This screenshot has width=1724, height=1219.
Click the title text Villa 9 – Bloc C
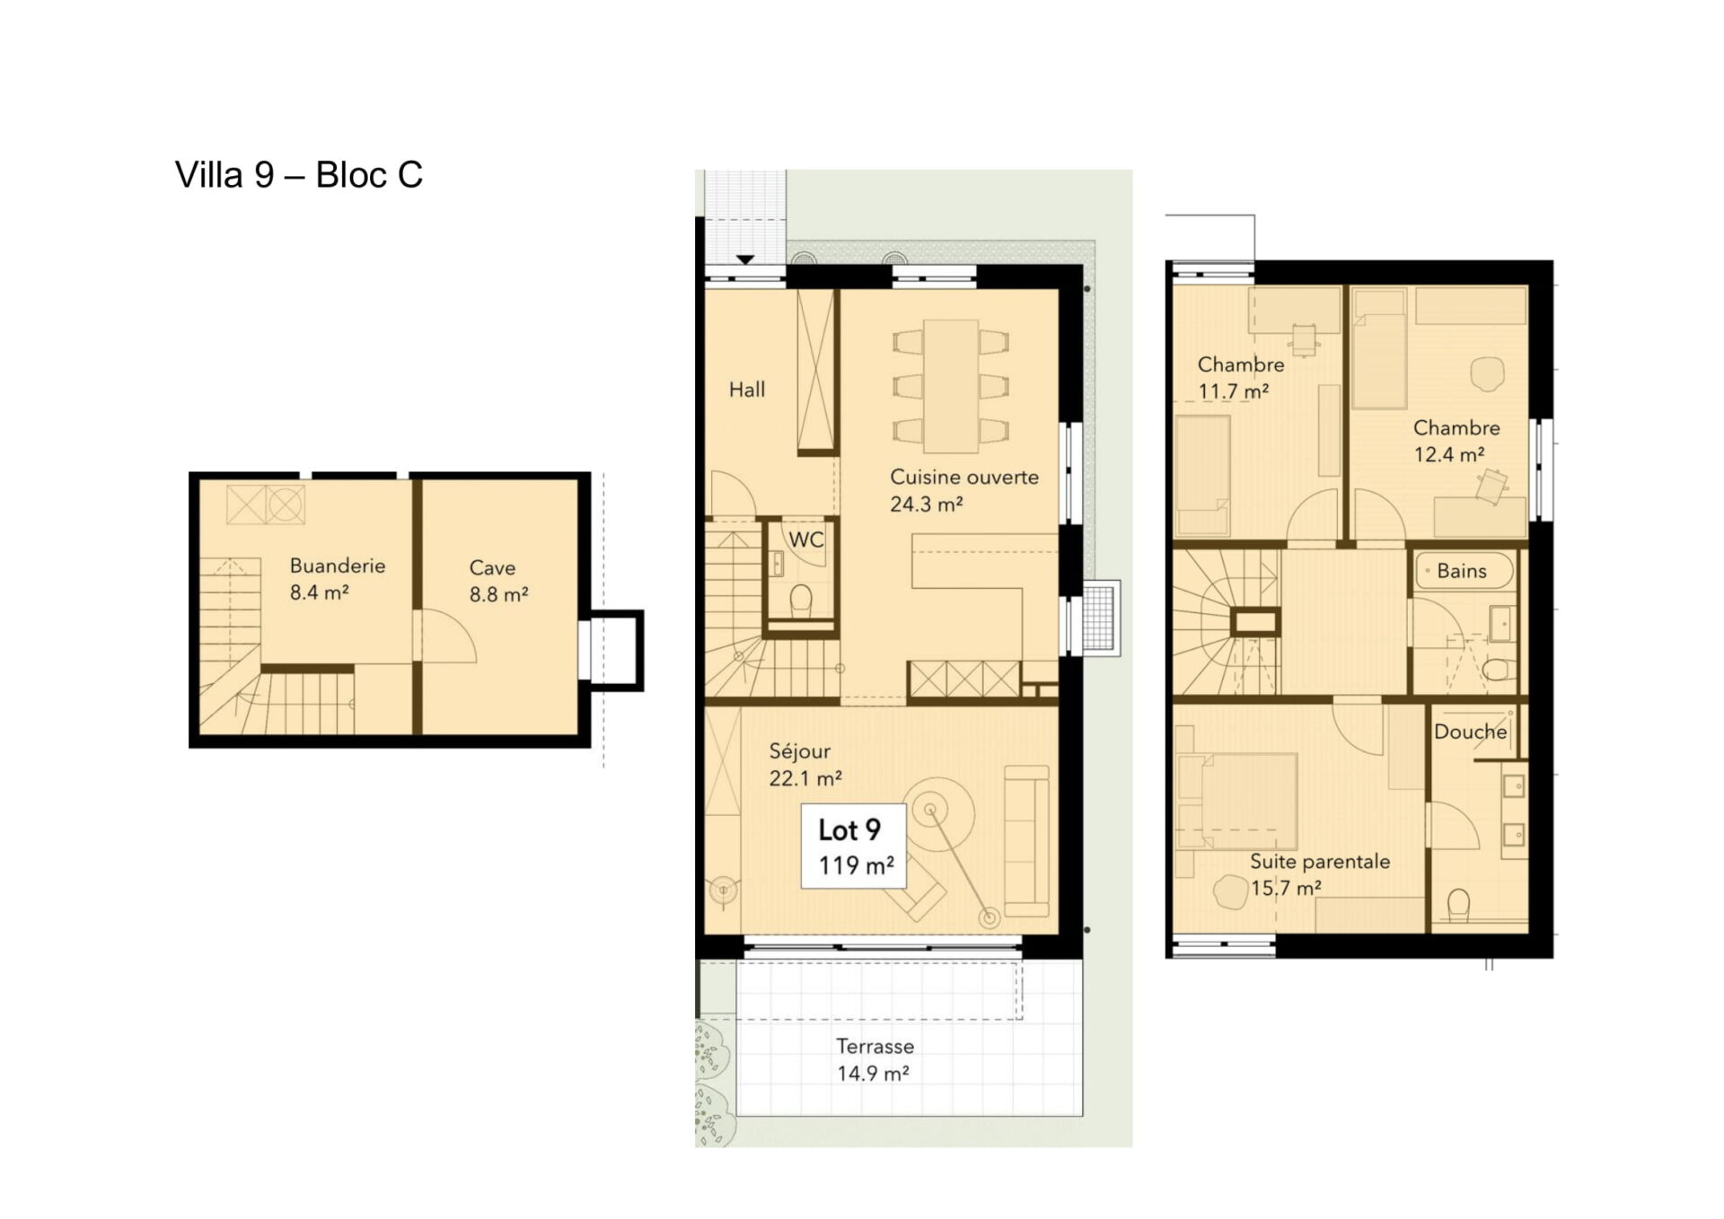point(298,175)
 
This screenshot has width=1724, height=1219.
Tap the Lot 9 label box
point(854,846)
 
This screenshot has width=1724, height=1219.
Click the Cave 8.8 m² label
point(498,581)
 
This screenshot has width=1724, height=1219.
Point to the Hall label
point(747,390)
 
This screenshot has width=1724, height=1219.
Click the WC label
point(805,539)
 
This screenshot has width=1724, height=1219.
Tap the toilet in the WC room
point(800,601)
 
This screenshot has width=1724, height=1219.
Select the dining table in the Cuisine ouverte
point(951,386)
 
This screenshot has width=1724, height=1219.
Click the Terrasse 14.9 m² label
point(875,1059)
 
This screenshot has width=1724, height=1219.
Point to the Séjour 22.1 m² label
point(805,765)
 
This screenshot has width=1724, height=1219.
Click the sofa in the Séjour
point(1026,841)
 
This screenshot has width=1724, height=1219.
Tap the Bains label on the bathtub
point(1461,571)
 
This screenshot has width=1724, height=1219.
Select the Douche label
point(1470,732)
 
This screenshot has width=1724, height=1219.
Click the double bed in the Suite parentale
point(1237,801)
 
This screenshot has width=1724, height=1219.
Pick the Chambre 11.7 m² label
point(1240,378)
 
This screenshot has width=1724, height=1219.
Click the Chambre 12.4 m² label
point(1456,441)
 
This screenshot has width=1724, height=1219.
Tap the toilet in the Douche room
point(1458,905)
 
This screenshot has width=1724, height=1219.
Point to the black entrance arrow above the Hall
point(744,260)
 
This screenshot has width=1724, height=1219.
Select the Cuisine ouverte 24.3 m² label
point(963,490)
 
